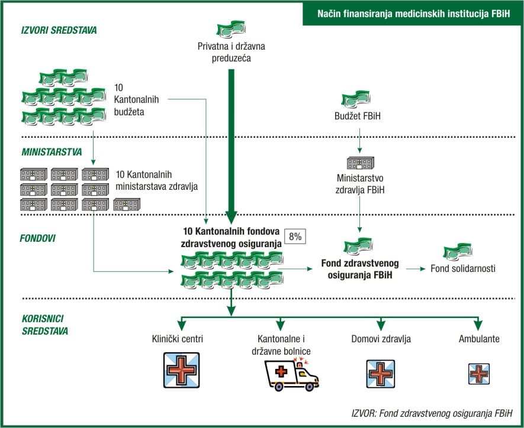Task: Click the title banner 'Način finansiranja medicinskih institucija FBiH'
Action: coord(413,12)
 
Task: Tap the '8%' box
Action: coord(295,236)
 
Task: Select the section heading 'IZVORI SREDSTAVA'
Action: coord(59,30)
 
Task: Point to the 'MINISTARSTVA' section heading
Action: coord(52,151)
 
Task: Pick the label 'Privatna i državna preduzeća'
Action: coord(232,52)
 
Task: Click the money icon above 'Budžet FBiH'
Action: coord(356,99)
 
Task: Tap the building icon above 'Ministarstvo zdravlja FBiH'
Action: coord(360,162)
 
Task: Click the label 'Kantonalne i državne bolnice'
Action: coord(281,345)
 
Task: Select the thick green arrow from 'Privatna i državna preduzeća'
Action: coord(232,142)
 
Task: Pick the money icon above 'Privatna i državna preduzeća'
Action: coord(233,30)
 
